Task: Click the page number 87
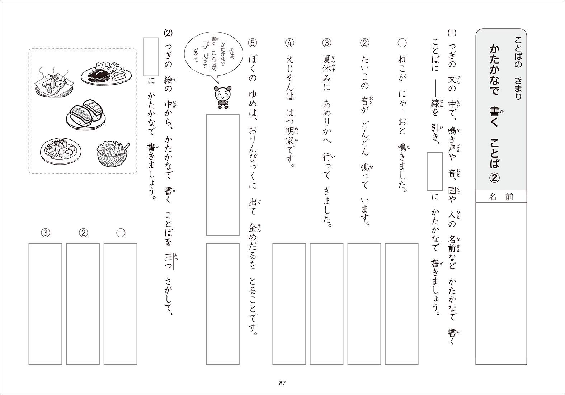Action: (x=282, y=383)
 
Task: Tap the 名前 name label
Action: (x=501, y=197)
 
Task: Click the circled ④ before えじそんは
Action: (x=289, y=43)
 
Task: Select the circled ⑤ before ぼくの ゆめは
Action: (x=252, y=43)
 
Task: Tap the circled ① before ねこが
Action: (x=401, y=43)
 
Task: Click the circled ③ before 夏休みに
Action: (x=327, y=43)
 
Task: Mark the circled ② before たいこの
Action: (x=364, y=43)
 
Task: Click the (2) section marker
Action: (x=168, y=33)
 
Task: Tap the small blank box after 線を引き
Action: (x=434, y=171)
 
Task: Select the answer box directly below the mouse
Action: (x=223, y=175)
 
